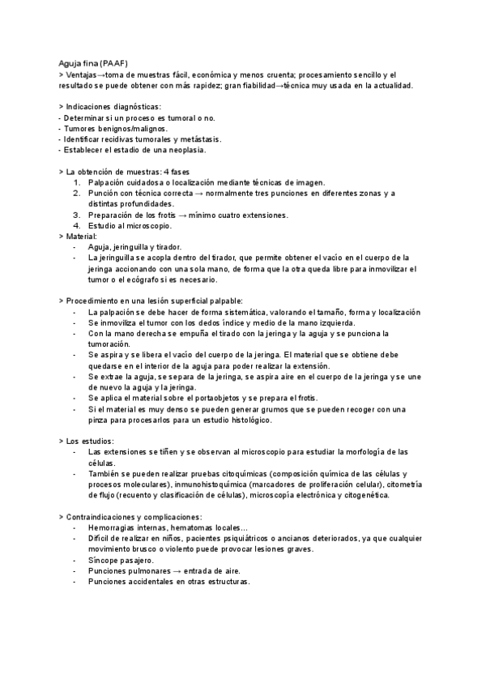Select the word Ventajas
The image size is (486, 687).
(x=84, y=74)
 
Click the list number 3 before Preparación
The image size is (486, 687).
(x=76, y=215)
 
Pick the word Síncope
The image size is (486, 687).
(x=104, y=560)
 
